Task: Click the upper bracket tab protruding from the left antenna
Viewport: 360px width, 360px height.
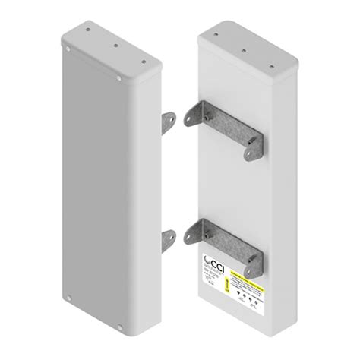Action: tap(168, 122)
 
